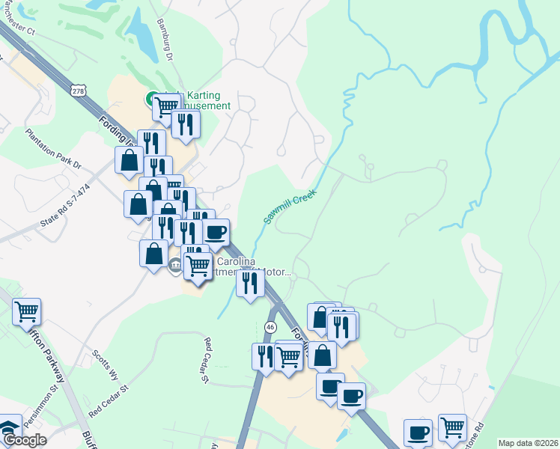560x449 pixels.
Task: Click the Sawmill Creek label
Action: point(290,207)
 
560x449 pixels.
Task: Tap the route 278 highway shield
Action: point(79,91)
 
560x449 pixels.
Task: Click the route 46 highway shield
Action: point(270,327)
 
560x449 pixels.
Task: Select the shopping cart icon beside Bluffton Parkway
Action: point(27,311)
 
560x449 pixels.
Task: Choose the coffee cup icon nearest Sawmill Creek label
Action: point(216,233)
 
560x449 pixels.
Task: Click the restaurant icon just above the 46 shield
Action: point(250,283)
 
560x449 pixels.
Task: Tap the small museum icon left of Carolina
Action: point(175,263)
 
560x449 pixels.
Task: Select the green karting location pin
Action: point(150,98)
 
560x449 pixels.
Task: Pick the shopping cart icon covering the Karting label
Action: point(166,107)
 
